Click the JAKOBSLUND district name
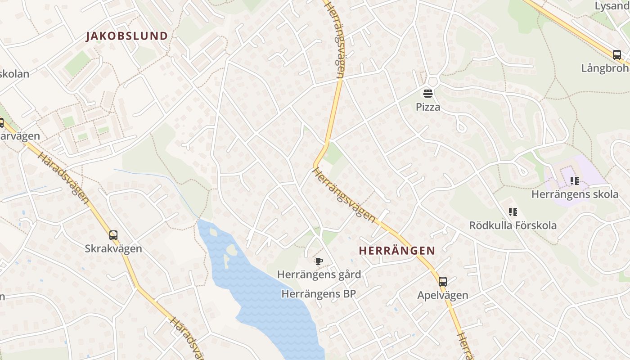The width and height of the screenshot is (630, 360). coord(127,36)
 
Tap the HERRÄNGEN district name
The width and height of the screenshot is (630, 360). coord(397,251)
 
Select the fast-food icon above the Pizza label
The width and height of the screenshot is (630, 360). coord(427,94)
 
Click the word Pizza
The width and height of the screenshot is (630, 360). coord(427,107)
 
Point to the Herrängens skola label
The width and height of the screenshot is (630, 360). coord(575,194)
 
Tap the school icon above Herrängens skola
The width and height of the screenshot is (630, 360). coord(574,181)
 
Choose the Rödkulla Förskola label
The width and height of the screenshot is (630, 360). coord(513,225)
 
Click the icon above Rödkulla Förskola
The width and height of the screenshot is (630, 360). coord(513,211)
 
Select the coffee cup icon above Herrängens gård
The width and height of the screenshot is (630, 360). coord(319,261)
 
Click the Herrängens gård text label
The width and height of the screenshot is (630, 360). coord(319,274)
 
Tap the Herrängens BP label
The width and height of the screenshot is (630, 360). coord(319,294)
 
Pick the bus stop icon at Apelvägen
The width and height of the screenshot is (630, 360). coord(443,282)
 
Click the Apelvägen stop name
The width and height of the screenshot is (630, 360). coord(443,295)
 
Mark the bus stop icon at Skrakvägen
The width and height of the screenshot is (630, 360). coord(113,235)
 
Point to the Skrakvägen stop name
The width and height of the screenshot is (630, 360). coord(113,248)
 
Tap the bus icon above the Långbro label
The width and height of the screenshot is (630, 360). coord(616,55)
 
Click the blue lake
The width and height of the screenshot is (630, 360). coord(270,297)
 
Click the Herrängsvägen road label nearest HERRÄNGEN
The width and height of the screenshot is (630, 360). coord(344,195)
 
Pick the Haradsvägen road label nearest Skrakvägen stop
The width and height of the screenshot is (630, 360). coord(63,178)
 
